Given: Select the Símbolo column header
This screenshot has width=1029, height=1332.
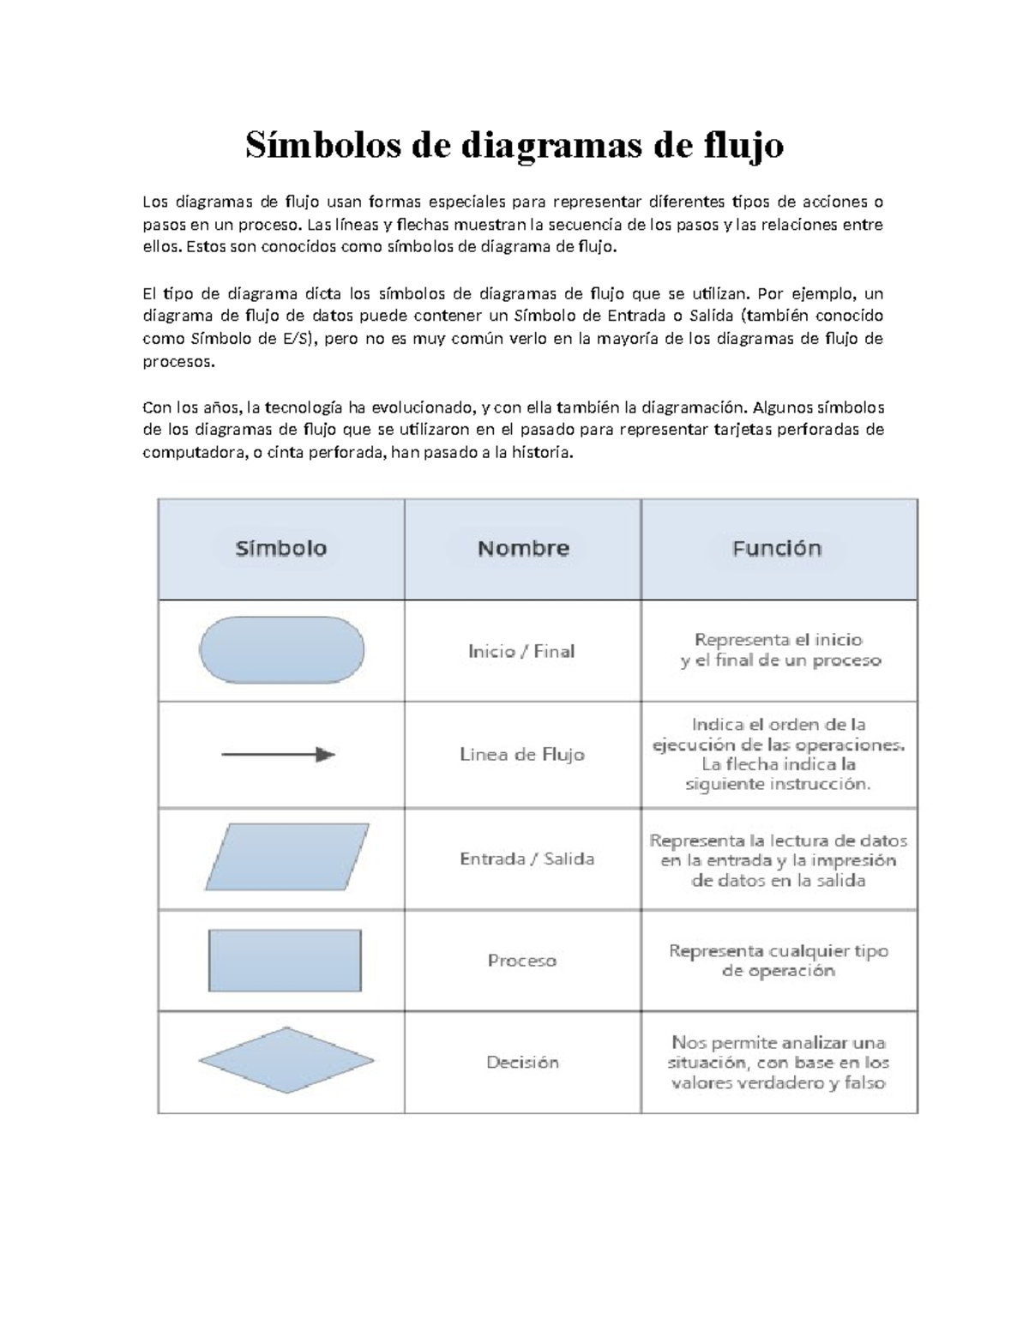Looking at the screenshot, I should coord(281,549).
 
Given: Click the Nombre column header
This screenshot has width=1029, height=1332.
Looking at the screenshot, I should coord(523,549).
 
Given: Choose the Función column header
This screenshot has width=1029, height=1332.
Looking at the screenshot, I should coord(777,549).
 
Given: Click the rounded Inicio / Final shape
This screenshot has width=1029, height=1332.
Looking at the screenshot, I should coord(281,650).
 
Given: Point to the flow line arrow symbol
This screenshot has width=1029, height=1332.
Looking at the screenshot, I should coord(279,755).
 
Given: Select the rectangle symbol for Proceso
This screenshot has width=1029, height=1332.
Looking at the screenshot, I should coord(285,960).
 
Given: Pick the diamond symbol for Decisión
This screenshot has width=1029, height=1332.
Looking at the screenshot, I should coord(286,1061).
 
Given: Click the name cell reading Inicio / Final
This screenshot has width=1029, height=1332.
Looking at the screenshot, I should coord(521,651).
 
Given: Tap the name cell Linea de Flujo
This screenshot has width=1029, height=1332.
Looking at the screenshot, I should coord(522,755).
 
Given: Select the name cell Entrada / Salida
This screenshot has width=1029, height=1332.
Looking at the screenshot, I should coord(527,859).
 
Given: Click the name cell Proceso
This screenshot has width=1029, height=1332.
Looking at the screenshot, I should coord(522,961).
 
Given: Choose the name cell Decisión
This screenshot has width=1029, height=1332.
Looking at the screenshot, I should coord(522,1062).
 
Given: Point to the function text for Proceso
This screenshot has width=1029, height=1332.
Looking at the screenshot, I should coord(778,961).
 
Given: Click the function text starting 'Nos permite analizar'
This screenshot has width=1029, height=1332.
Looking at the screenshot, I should coord(778,1063).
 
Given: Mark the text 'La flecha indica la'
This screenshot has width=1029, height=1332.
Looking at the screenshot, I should coord(778,764).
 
